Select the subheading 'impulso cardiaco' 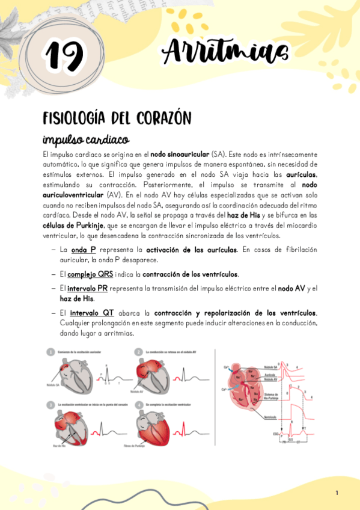point(86,140)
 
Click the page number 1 point(337,493)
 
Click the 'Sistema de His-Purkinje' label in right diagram point(273,395)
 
